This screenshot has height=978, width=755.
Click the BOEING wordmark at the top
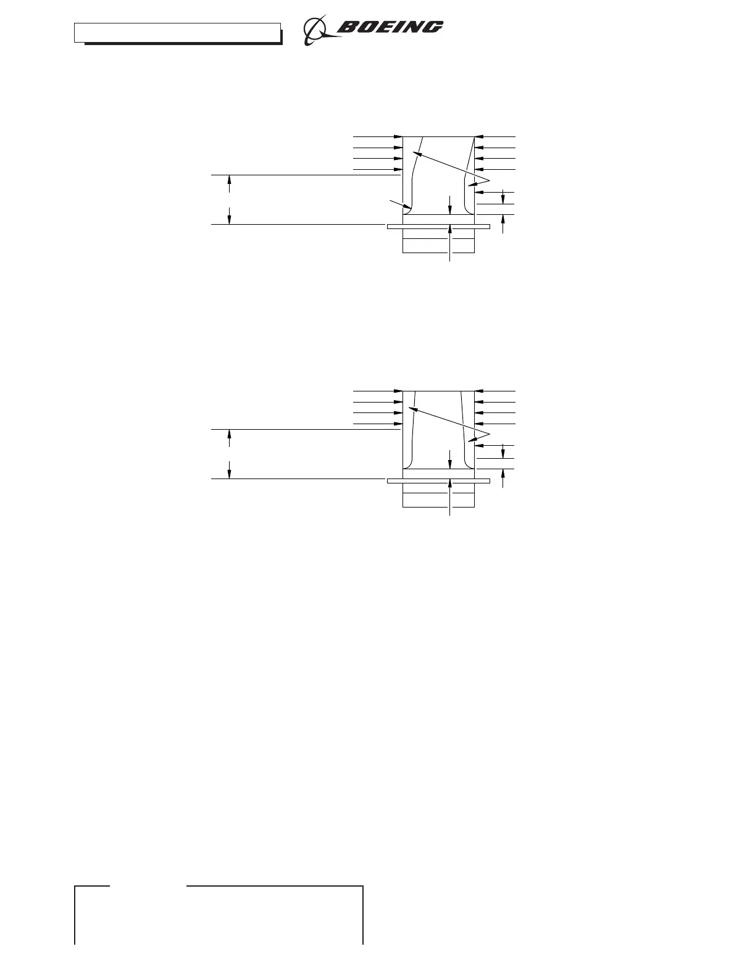pos(390,27)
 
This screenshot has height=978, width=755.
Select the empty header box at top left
pos(178,33)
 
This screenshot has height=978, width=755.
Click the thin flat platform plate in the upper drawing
pos(438,227)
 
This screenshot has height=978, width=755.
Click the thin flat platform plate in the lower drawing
pos(438,480)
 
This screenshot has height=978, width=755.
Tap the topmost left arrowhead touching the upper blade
pos(399,136)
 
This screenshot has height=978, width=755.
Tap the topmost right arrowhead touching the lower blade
pos(478,391)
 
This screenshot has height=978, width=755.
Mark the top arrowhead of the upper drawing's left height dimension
pos(230,180)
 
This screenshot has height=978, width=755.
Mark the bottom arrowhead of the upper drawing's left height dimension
pos(230,220)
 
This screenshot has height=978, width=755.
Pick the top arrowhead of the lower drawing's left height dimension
pos(230,433)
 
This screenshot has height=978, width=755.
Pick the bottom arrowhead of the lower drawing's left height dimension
pos(230,474)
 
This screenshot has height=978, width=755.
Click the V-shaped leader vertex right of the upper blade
pos(489,179)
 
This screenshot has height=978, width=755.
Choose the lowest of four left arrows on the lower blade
pos(399,424)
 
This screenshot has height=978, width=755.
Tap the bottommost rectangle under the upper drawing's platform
pos(438,246)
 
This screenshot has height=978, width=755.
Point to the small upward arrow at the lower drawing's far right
pos(504,479)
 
